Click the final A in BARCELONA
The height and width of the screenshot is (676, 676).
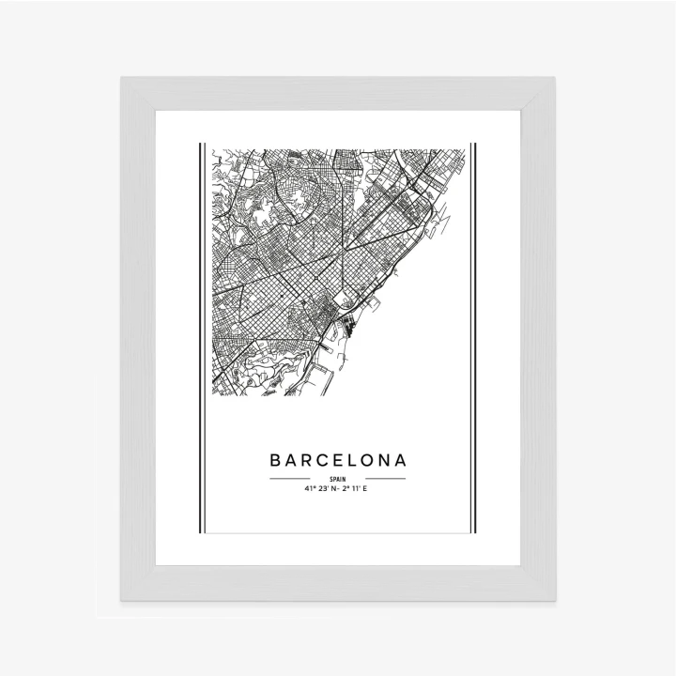pyautogui.click(x=401, y=461)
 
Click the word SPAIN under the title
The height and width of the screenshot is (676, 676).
pyautogui.click(x=338, y=479)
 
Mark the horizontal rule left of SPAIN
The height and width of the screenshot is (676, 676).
pyautogui.click(x=289, y=479)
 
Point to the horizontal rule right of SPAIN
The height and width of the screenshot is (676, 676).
pyautogui.click(x=386, y=479)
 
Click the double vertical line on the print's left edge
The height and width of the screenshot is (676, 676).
pyautogui.click(x=202, y=338)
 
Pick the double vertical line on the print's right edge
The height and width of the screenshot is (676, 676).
pyautogui.click(x=473, y=338)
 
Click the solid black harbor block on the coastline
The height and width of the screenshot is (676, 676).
pyautogui.click(x=348, y=327)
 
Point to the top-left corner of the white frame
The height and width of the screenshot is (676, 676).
pyautogui.click(x=122, y=79)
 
